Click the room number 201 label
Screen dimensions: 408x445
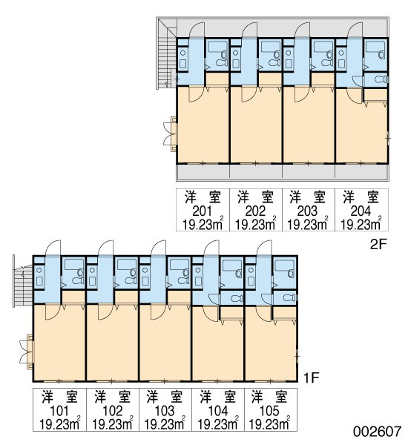pos(203,211)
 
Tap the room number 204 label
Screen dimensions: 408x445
pos(361,211)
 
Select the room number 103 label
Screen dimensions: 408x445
pos(165,411)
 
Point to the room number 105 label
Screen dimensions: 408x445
pos(269,411)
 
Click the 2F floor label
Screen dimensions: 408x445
pos(378,244)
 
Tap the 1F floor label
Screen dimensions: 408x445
pos(312,378)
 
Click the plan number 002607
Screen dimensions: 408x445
pos(378,432)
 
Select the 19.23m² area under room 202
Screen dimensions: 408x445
pos(255,225)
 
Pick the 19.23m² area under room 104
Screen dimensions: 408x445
pos(218,424)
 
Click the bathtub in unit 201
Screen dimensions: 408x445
pos(217,47)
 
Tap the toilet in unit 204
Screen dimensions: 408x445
pos(381,79)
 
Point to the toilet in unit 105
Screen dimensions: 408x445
pos(289,297)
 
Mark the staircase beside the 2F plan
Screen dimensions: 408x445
pos(167,54)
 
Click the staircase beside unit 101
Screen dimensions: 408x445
pos(23,286)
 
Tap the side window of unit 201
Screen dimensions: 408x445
pos(171,134)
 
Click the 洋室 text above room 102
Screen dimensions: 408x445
pos(113,397)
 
